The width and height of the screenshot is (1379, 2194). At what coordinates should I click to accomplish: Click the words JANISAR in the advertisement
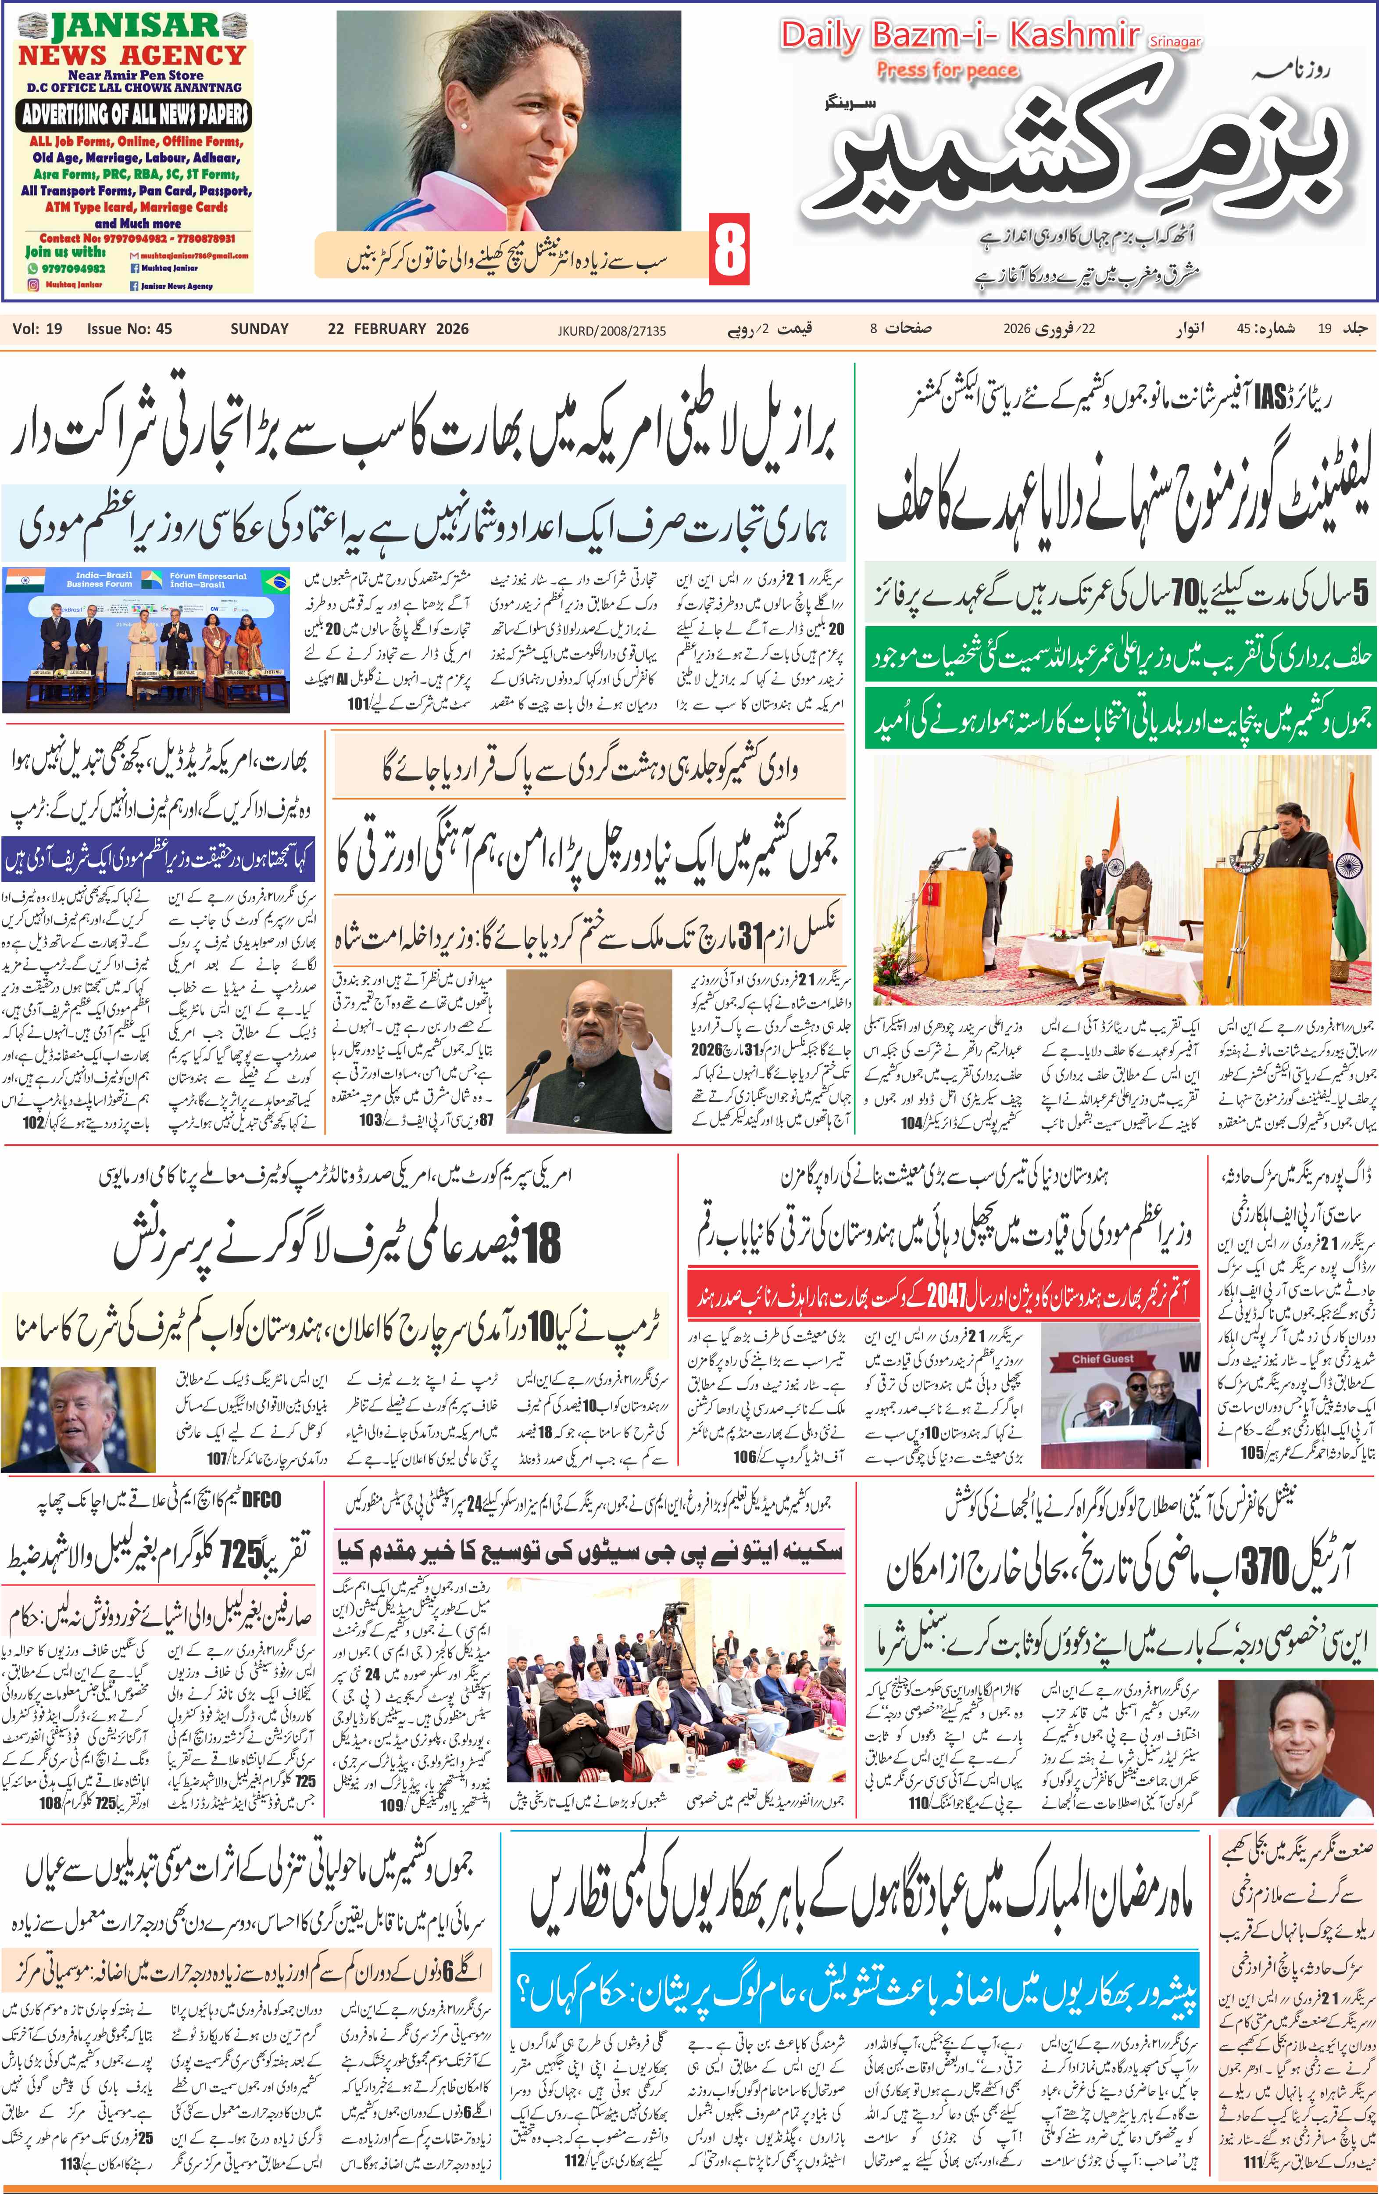[133, 25]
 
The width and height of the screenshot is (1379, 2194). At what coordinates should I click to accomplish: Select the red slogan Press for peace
[947, 70]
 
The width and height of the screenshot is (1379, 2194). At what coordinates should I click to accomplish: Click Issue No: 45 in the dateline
[129, 329]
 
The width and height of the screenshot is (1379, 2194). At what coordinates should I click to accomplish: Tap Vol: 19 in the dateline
[37, 329]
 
